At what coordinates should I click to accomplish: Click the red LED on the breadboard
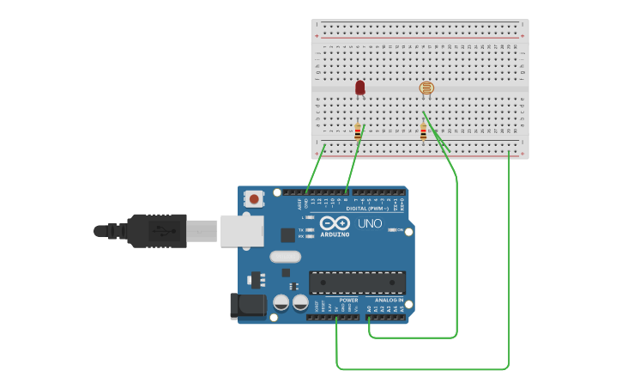[x=359, y=87]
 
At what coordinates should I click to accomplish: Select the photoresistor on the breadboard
[x=426, y=88]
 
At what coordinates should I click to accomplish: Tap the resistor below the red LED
[x=358, y=131]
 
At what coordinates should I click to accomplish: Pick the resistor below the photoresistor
[x=423, y=131]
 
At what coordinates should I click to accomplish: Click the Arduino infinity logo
[x=334, y=223]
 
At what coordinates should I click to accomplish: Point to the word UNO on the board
[x=370, y=224]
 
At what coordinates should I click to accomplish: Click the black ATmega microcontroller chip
[x=357, y=283]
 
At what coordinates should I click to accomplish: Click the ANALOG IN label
[x=389, y=300]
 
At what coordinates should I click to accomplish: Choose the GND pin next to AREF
[x=306, y=192]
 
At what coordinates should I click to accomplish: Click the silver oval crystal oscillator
[x=285, y=256]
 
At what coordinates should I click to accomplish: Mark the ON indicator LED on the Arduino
[x=391, y=230]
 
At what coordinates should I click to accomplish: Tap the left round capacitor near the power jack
[x=281, y=302]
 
